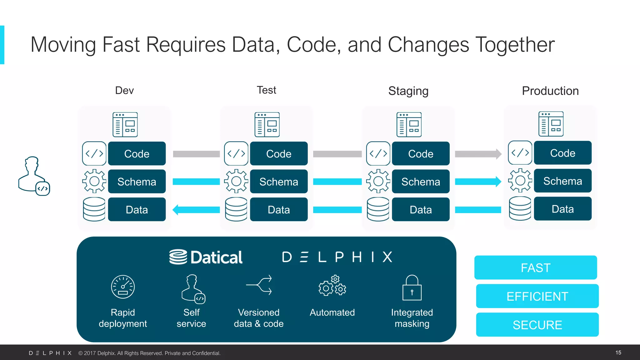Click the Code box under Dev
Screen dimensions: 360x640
137,153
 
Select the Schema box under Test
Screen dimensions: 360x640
278,182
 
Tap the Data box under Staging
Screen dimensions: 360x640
420,209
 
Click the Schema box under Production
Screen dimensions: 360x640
562,181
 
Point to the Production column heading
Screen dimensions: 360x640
550,91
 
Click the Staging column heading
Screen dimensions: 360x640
408,91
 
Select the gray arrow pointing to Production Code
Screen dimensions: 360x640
478,154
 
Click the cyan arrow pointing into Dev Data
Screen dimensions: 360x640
196,210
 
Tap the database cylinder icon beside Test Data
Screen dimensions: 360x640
236,209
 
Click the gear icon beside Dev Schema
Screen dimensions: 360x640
94,181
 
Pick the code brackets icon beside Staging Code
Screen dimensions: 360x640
378,153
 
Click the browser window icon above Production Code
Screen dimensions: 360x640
551,124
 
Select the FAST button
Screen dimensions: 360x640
535,267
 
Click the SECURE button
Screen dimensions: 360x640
537,325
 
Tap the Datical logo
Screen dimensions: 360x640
206,257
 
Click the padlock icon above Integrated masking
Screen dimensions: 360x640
412,288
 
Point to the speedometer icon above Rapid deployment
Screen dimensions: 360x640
123,287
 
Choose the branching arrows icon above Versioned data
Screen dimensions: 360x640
259,285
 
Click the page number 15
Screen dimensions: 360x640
618,352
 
